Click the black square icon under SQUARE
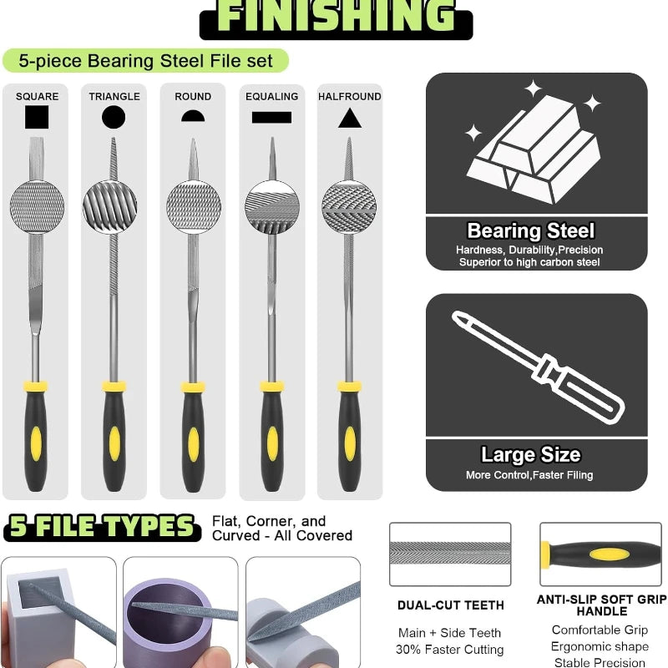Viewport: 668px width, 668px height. pyautogui.click(x=37, y=117)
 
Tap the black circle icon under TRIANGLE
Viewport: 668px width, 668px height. pyautogui.click(x=114, y=117)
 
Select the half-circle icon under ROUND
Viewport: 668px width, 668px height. pyautogui.click(x=193, y=116)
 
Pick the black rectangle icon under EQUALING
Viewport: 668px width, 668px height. pyautogui.click(x=271, y=117)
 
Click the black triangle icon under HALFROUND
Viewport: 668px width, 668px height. pyautogui.click(x=349, y=118)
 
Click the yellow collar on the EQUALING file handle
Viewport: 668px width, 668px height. pyautogui.click(x=271, y=387)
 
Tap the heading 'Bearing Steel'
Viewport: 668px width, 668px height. pyautogui.click(x=531, y=231)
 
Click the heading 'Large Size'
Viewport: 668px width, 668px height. pyautogui.click(x=530, y=455)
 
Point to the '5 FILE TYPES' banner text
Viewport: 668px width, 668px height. pyautogui.click(x=101, y=527)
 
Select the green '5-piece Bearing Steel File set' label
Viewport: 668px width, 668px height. pyautogui.click(x=145, y=61)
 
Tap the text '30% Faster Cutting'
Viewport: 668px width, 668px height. pyautogui.click(x=449, y=649)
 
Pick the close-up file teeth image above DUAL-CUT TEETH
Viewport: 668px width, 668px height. pyautogui.click(x=449, y=554)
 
